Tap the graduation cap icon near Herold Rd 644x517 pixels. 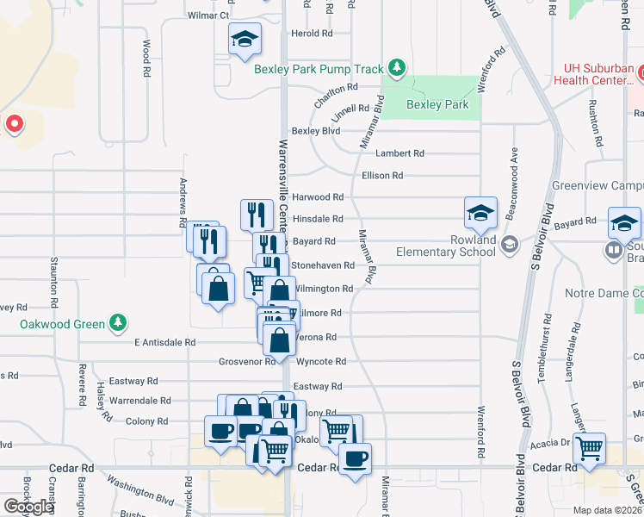pos(245,39)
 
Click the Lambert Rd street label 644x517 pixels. pos(399,153)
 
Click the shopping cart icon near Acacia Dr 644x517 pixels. pos(589,448)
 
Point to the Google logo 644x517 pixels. pos(28,507)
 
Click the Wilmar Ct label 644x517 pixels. pos(208,16)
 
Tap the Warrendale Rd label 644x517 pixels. pos(140,401)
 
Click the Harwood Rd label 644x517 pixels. pos(318,197)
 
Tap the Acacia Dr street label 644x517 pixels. pos(551,441)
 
